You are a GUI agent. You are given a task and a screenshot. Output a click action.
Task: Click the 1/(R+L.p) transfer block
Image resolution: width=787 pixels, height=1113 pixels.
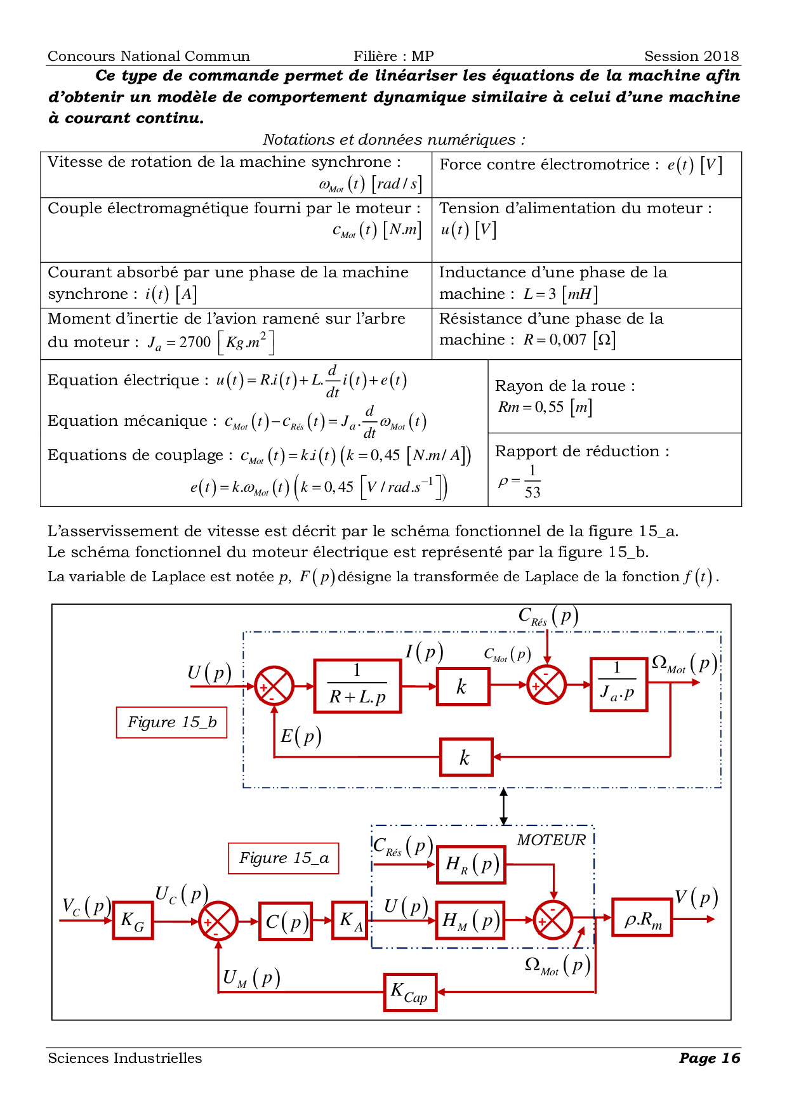(357, 686)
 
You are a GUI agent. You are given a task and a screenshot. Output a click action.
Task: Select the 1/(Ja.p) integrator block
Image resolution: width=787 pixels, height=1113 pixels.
(618, 684)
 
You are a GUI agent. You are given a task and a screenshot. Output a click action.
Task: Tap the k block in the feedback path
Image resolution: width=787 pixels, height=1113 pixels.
(466, 757)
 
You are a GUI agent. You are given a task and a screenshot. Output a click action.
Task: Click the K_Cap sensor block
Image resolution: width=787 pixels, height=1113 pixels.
(410, 992)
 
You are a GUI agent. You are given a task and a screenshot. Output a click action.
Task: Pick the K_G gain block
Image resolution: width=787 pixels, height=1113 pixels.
(133, 920)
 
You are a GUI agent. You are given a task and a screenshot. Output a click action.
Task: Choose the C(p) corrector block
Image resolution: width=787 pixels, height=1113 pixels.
(286, 921)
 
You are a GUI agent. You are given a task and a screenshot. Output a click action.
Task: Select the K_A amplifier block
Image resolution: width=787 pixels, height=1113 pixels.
(350, 920)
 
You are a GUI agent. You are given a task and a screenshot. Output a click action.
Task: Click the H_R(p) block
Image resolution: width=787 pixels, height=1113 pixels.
(471, 864)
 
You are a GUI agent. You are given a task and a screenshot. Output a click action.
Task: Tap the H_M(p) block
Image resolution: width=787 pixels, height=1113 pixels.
(470, 920)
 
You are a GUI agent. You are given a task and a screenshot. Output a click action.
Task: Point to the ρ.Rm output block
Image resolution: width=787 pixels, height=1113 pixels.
(642, 918)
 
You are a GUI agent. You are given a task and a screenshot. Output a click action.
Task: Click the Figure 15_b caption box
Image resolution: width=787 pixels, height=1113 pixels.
(171, 722)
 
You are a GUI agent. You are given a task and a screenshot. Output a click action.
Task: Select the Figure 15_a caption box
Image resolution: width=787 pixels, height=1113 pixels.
(283, 858)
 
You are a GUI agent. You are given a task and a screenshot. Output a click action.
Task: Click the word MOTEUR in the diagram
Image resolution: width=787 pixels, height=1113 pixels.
(551, 840)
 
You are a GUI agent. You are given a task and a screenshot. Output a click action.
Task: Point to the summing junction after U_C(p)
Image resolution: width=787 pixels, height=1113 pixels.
(218, 921)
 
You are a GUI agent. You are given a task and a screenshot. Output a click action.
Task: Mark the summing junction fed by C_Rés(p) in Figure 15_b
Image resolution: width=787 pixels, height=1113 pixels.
(546, 685)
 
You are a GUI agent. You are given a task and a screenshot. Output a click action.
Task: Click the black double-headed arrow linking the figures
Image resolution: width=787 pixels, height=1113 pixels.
(503, 806)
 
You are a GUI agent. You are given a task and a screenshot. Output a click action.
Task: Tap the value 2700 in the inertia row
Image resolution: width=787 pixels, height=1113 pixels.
(195, 342)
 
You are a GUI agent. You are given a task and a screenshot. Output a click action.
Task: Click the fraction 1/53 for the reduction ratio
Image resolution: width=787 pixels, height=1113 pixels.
(532, 482)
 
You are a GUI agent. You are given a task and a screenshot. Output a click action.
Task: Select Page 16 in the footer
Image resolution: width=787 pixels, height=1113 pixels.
(709, 1058)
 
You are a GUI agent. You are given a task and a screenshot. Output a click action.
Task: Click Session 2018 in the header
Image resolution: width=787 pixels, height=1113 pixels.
(691, 56)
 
